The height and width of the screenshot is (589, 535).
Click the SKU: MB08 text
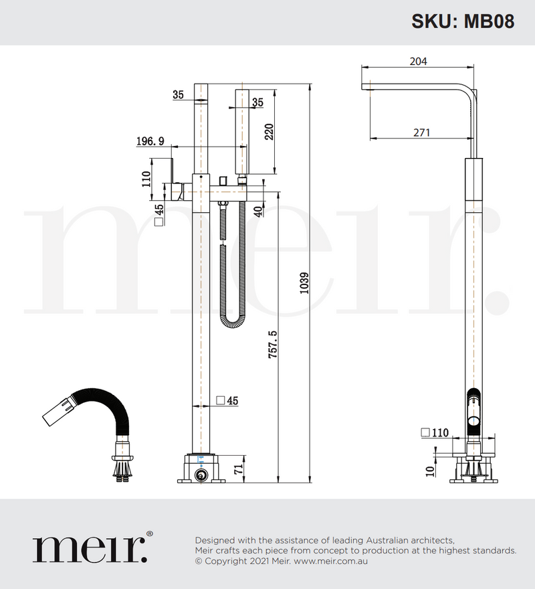coord(462,21)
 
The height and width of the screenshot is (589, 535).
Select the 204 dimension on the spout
coord(418,62)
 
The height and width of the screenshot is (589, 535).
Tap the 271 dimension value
coord(421,133)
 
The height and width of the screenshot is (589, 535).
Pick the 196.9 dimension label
coord(150,141)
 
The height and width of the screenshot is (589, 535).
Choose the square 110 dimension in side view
coord(435,432)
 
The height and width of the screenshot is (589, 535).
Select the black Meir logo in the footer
coord(90,548)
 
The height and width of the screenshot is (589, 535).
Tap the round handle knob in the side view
coord(473,420)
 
